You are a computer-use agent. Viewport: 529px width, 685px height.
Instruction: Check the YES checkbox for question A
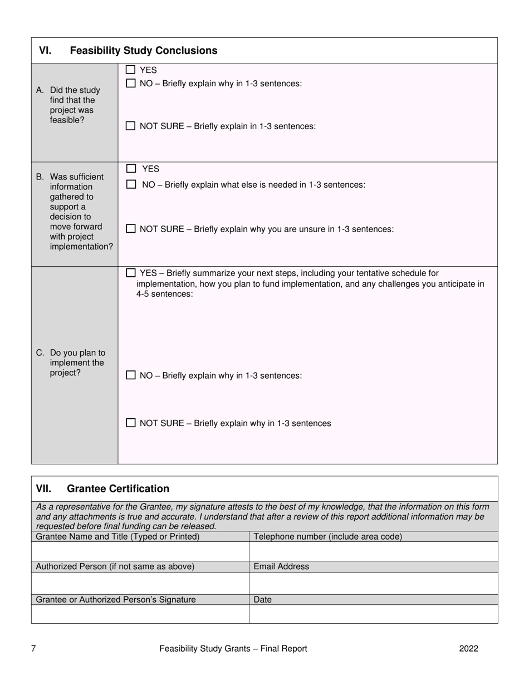pos(130,70)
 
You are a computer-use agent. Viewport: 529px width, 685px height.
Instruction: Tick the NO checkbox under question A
pos(130,84)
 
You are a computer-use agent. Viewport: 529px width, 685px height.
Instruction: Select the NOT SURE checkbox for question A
pos(130,126)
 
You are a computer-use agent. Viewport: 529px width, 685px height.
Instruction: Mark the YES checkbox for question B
pos(131,169)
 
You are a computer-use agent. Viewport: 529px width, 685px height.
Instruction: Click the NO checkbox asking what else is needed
pos(131,184)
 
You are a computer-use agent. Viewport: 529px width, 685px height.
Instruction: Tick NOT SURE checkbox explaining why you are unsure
pos(130,229)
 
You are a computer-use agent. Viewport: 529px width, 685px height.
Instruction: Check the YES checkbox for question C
pos(130,273)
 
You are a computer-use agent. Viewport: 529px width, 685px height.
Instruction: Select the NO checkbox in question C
pos(130,375)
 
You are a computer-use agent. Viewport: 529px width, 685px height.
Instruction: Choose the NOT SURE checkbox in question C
pos(130,423)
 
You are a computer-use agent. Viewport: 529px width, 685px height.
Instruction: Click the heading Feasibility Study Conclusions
pos(143,51)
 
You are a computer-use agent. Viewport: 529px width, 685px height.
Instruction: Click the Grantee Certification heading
pos(117,488)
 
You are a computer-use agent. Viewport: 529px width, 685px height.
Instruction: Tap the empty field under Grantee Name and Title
pos(140,551)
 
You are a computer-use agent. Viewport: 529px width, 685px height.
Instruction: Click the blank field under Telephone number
pos(373,551)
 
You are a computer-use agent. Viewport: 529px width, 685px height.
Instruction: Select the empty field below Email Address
pos(373,583)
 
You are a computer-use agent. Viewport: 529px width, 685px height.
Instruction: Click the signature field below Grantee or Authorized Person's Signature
pos(140,614)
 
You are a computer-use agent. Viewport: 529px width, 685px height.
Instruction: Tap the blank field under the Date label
pos(373,614)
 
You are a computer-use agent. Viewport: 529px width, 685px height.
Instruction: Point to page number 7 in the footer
pos(33,648)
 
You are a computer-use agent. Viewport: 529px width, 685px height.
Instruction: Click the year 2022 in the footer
pos(468,648)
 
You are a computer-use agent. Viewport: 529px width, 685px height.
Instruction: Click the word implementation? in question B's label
pos(81,247)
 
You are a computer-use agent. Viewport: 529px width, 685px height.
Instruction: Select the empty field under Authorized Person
pos(140,583)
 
